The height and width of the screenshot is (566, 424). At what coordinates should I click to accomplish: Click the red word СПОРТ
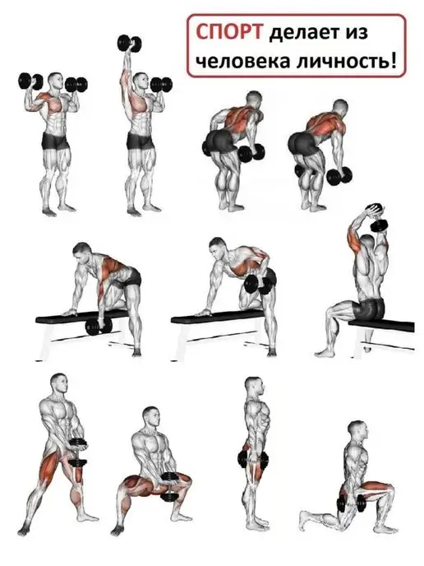tap(228, 32)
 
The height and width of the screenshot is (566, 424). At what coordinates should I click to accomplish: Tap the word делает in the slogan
tap(305, 32)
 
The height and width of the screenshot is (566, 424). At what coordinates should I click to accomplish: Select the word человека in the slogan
tap(242, 61)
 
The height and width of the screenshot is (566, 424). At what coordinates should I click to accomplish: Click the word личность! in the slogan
tap(347, 61)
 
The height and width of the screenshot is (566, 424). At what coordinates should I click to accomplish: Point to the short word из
tap(357, 33)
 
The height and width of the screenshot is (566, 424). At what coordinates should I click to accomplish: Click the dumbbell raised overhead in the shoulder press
tap(130, 44)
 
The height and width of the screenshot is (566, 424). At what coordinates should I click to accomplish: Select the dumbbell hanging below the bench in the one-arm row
tap(99, 327)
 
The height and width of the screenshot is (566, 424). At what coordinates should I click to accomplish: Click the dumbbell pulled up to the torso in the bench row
tap(256, 285)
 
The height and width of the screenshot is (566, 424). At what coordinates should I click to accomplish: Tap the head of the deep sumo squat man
tap(150, 416)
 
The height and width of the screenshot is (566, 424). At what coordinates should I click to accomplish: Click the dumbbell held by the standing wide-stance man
tap(77, 453)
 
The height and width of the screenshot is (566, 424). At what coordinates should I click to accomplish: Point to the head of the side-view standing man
tap(253, 387)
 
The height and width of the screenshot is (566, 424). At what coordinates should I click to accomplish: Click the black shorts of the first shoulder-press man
tap(56, 141)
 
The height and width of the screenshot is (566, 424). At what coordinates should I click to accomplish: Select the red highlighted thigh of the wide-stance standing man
tap(51, 466)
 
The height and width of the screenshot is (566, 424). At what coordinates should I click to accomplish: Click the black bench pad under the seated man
tap(382, 324)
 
